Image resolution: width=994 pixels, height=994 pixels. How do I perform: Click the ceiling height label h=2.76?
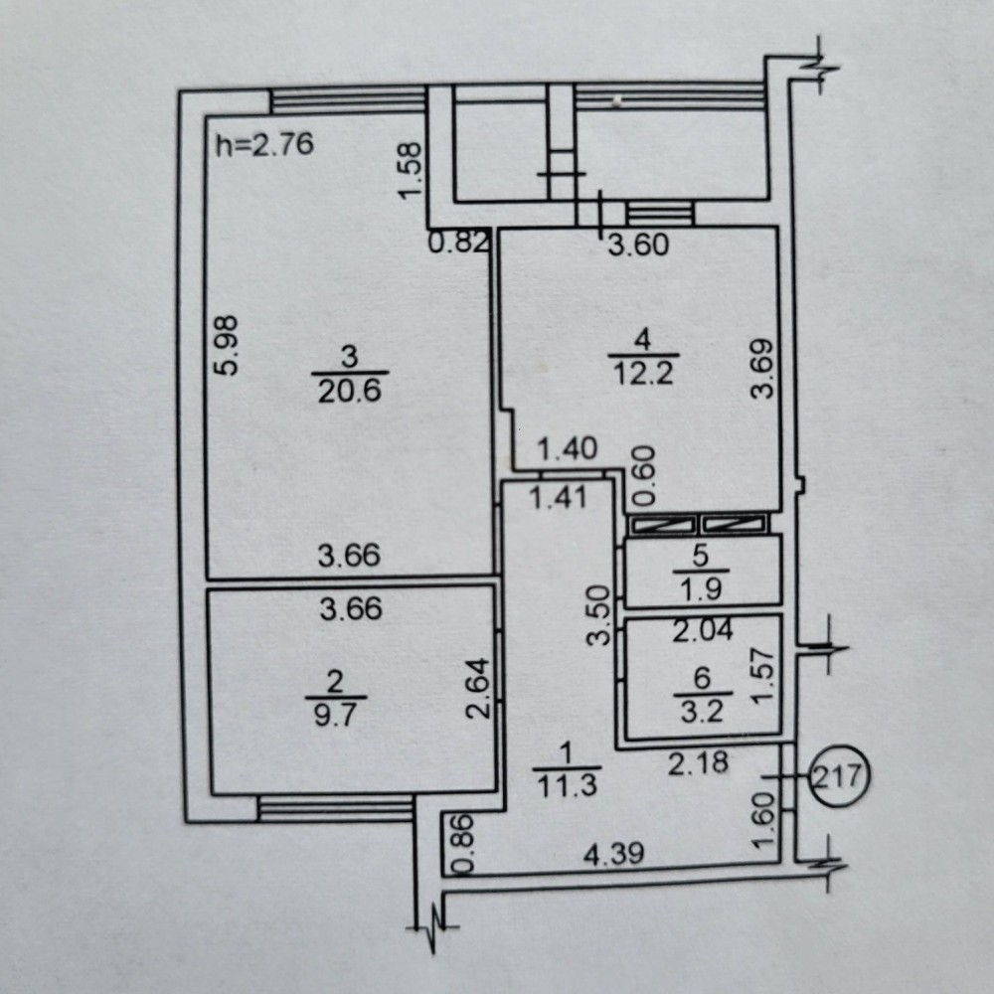(264, 145)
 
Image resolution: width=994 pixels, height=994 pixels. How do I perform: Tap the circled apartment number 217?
(839, 775)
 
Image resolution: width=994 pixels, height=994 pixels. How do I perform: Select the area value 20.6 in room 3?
(349, 391)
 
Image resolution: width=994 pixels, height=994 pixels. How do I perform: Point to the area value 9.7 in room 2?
(335, 716)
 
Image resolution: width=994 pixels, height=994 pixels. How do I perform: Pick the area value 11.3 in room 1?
(567, 786)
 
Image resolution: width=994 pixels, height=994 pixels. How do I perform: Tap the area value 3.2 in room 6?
(702, 712)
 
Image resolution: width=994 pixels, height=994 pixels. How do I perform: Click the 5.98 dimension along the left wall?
(228, 345)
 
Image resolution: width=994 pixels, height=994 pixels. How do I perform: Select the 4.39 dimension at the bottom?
(613, 853)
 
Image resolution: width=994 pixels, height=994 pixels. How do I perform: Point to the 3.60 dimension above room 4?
(638, 245)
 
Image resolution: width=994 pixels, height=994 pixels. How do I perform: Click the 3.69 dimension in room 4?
(762, 369)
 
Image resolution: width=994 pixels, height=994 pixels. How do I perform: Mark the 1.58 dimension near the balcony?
(411, 170)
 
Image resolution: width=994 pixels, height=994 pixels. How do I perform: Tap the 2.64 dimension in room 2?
(479, 689)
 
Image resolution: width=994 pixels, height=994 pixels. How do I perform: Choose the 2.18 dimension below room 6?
(698, 762)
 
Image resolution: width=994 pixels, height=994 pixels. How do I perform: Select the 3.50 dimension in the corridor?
(599, 615)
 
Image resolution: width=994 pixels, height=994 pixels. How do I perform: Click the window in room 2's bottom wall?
(335, 808)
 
